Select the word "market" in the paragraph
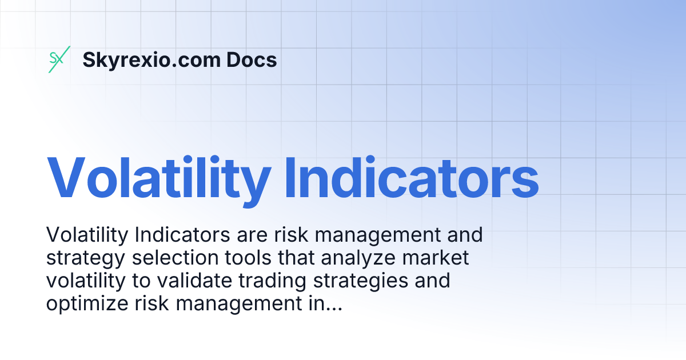(x=436, y=258)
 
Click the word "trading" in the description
(x=272, y=281)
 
